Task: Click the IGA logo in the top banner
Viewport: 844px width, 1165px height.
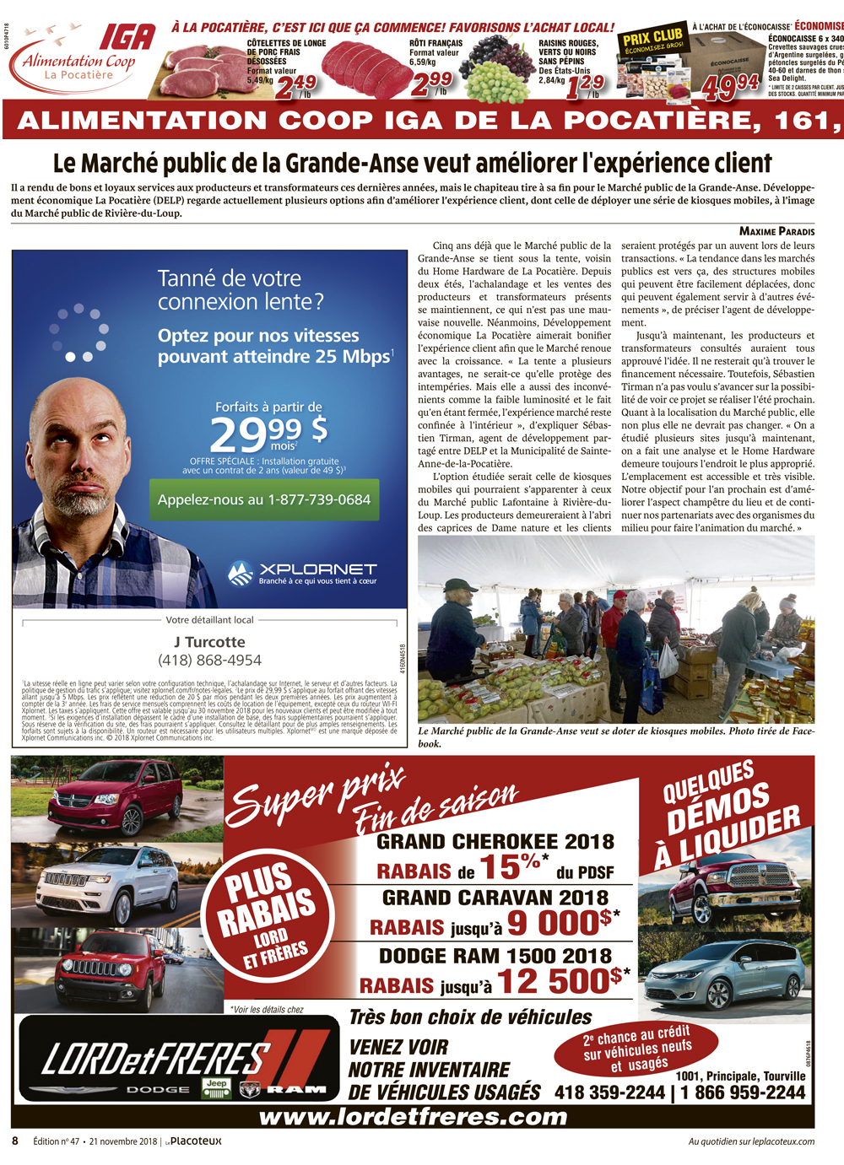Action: coord(127,38)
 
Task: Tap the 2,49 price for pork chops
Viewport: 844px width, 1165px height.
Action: coord(295,85)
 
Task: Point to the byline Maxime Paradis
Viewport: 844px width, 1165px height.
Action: coord(776,231)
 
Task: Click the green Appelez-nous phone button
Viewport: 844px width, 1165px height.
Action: coord(264,499)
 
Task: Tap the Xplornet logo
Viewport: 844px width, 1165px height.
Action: coord(302,573)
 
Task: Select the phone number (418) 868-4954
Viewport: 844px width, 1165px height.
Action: coord(209,661)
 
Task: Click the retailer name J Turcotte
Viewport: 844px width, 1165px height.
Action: coord(209,642)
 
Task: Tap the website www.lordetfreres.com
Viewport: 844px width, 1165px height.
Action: coord(413,1118)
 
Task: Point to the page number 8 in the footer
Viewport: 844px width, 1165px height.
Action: coord(15,1141)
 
